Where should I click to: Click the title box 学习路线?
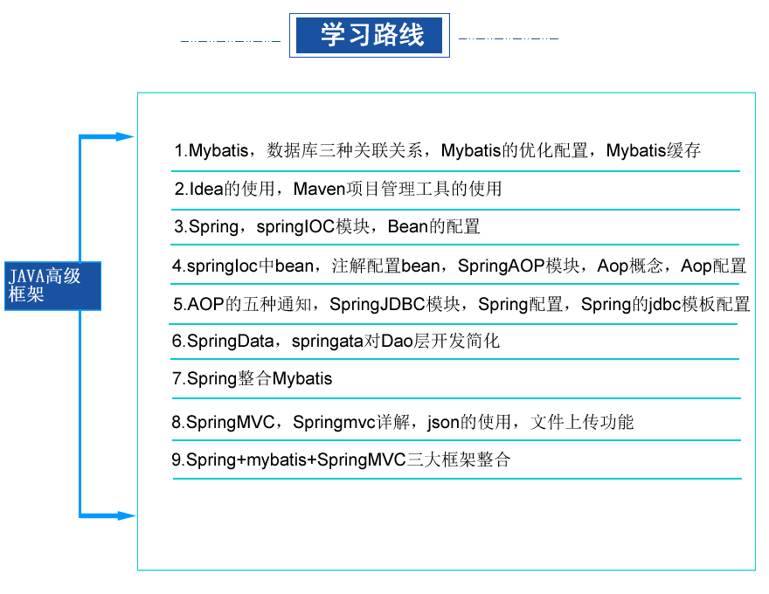[370, 35]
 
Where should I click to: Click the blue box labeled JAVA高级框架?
[53, 286]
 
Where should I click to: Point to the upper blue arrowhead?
[125, 137]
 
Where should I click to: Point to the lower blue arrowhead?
[126, 515]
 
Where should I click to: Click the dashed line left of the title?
[231, 41]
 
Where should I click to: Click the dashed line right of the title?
[509, 38]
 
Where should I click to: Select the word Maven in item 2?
[319, 189]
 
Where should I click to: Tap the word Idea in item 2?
[206, 189]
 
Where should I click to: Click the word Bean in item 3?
[407, 226]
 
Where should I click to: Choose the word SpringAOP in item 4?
[501, 266]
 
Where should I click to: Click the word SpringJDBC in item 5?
[378, 304]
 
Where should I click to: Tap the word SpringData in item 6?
[230, 341]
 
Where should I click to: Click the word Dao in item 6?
[397, 341]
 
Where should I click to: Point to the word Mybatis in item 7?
[302, 378]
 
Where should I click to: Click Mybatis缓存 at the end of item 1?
[654, 150]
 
